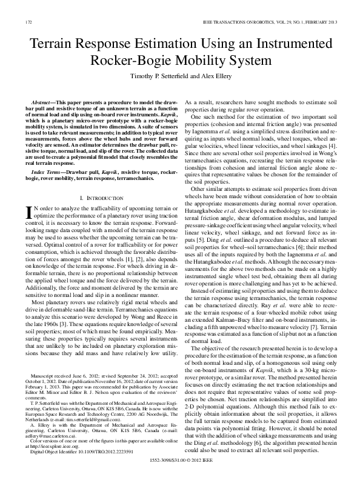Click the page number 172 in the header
coord(28,22)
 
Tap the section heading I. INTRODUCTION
coord(101,181)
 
